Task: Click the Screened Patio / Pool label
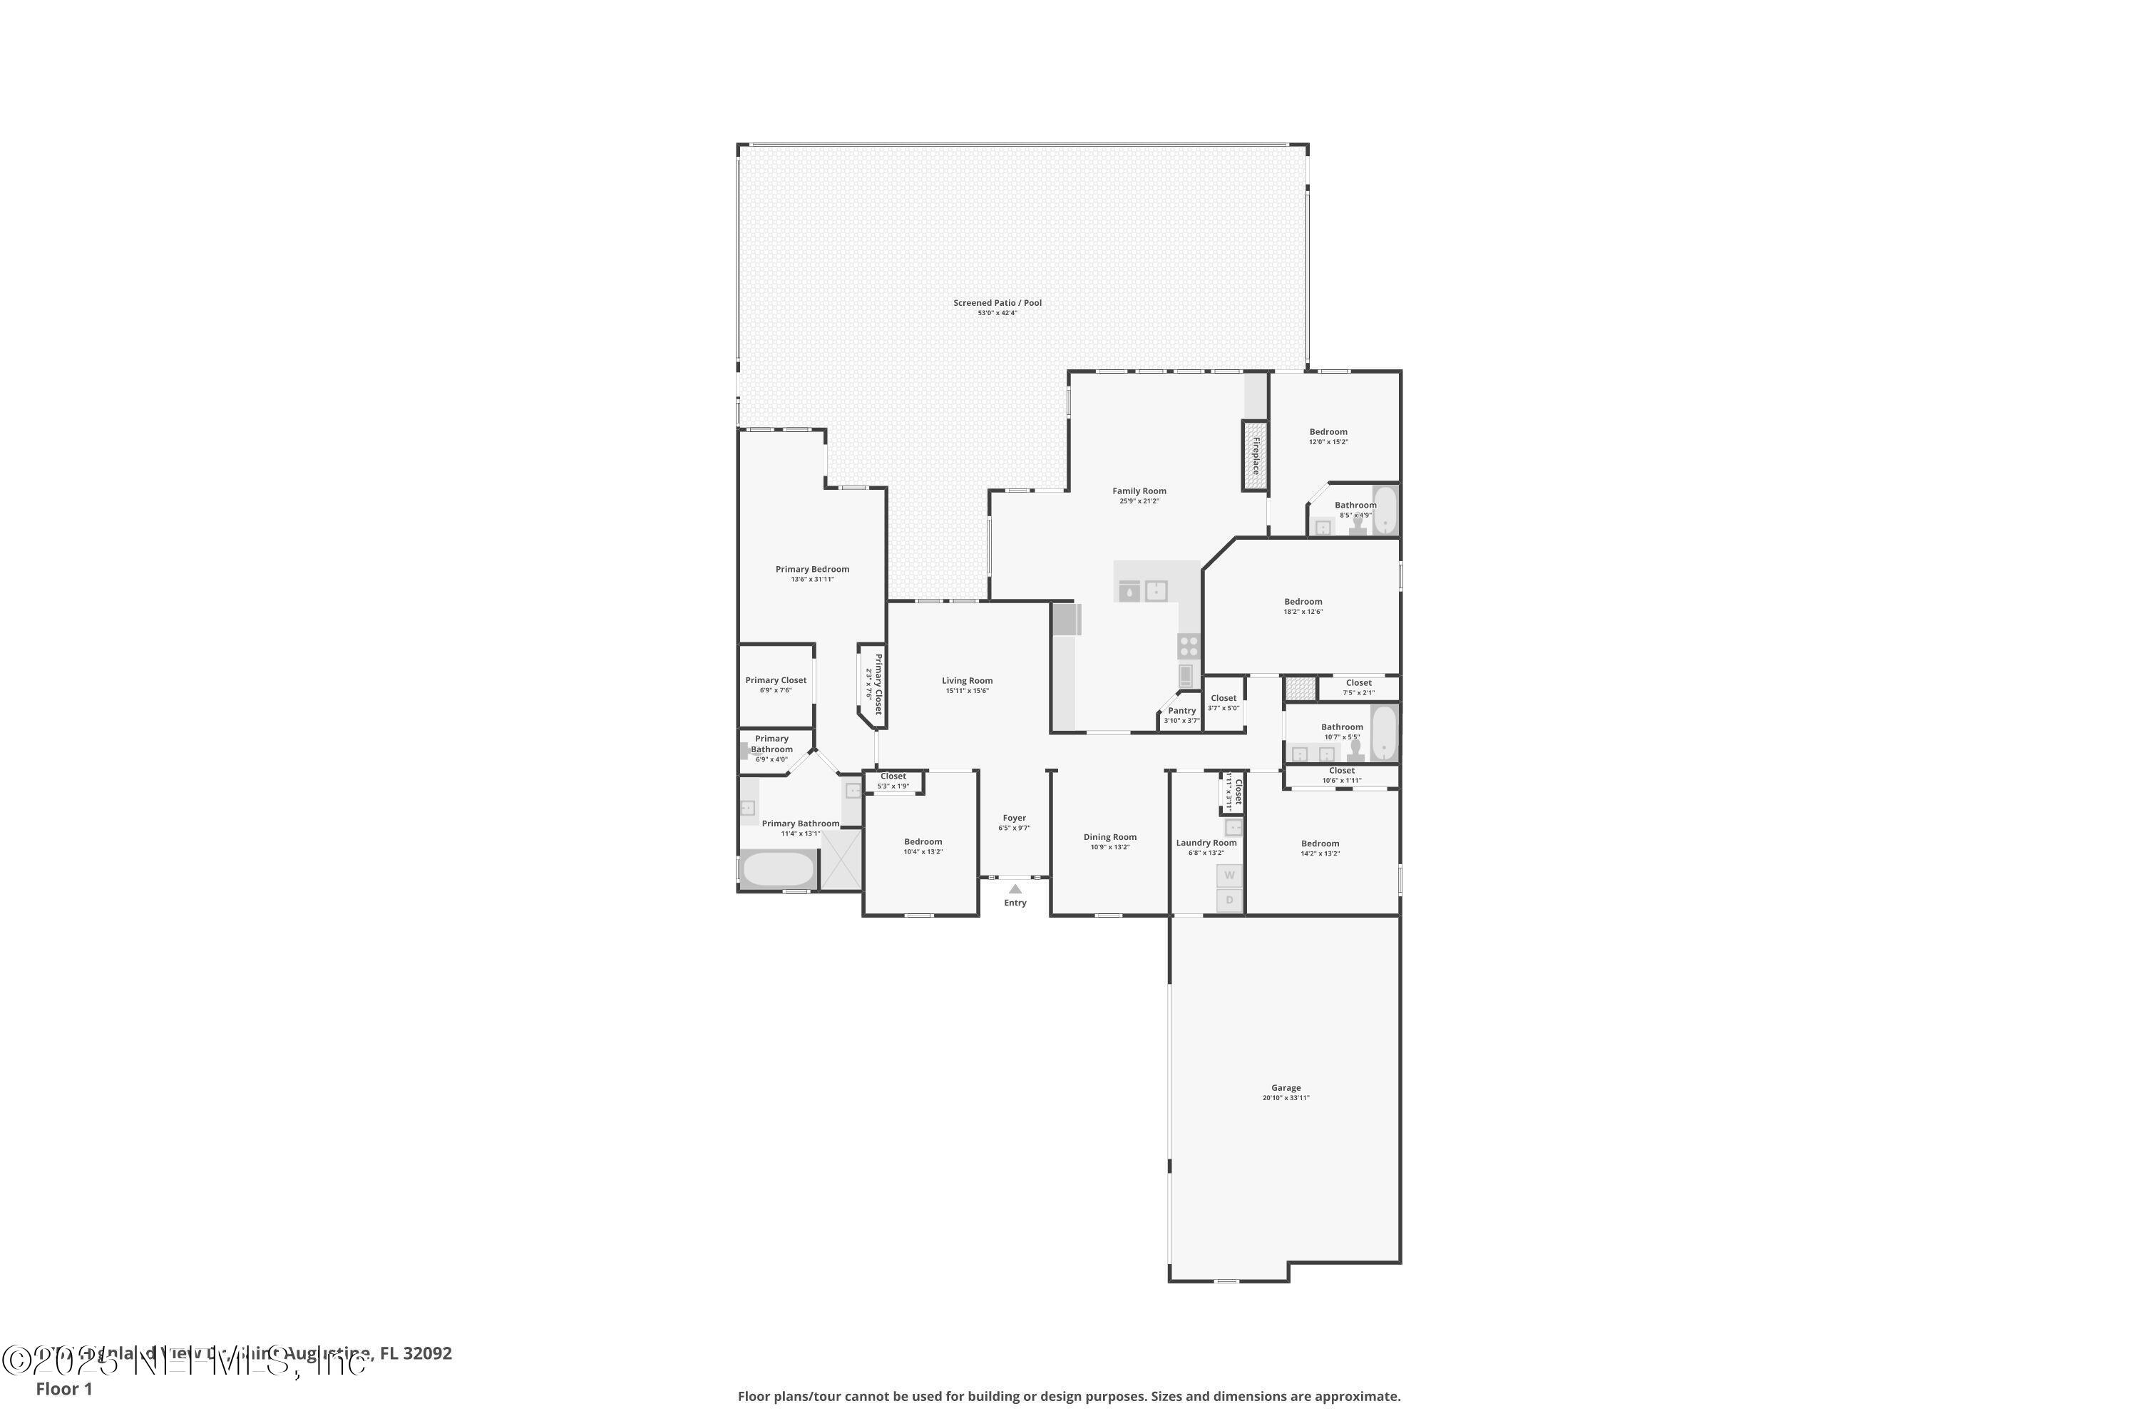[997, 304]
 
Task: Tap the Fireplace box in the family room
[1255, 456]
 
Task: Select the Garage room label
[1285, 1088]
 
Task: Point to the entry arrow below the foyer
[1015, 889]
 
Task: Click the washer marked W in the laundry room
[1229, 876]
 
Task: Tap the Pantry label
[1181, 711]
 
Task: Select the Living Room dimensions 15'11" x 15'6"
[967, 691]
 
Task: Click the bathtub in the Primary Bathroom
[778, 869]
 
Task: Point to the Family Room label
[1139, 491]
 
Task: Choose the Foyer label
[1014, 819]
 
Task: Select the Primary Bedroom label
[812, 569]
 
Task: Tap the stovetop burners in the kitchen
[1189, 647]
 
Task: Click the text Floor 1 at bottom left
[63, 1389]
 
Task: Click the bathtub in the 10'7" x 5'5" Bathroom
[1383, 732]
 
